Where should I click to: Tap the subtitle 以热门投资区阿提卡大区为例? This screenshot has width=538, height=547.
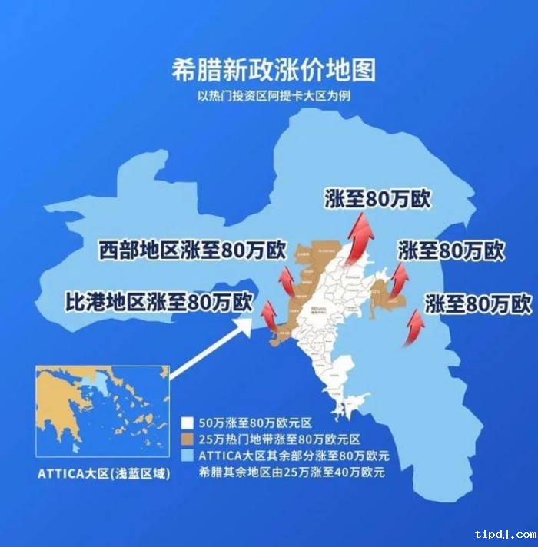click(274, 98)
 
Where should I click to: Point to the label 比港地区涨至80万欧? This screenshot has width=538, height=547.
click(157, 300)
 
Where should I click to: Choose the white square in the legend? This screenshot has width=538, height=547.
click(187, 423)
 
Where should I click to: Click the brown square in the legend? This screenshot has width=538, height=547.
click(187, 439)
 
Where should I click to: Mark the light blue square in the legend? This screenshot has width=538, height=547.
click(187, 456)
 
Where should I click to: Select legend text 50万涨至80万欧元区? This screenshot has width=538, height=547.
click(253, 423)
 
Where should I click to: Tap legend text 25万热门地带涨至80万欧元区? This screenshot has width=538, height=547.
click(278, 439)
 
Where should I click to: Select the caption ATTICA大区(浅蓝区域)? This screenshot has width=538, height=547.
click(103, 473)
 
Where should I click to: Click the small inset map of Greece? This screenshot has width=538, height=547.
click(101, 412)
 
